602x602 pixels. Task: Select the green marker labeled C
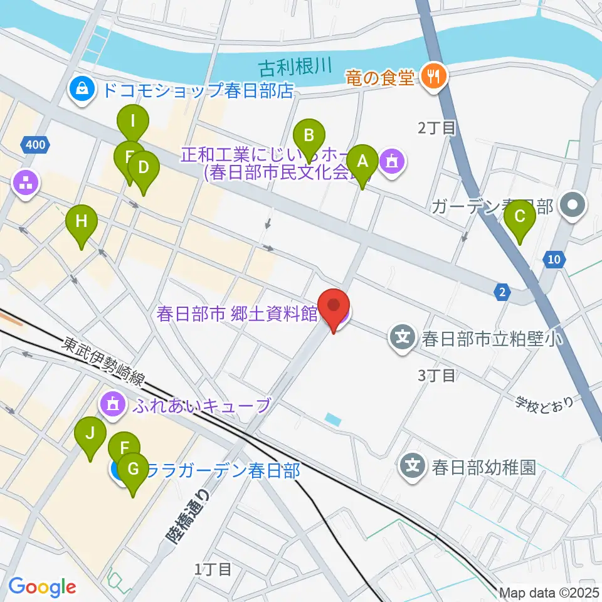pyautogui.click(x=520, y=218)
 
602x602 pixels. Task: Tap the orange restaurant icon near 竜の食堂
pyautogui.click(x=433, y=77)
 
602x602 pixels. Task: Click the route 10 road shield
pyautogui.click(x=552, y=260)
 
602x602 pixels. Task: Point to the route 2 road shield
pyautogui.click(x=502, y=290)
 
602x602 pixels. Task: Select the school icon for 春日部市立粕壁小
pyautogui.click(x=402, y=339)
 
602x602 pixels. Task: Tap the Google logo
pyautogui.click(x=42, y=587)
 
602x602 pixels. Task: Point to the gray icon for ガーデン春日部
pyautogui.click(x=573, y=206)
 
